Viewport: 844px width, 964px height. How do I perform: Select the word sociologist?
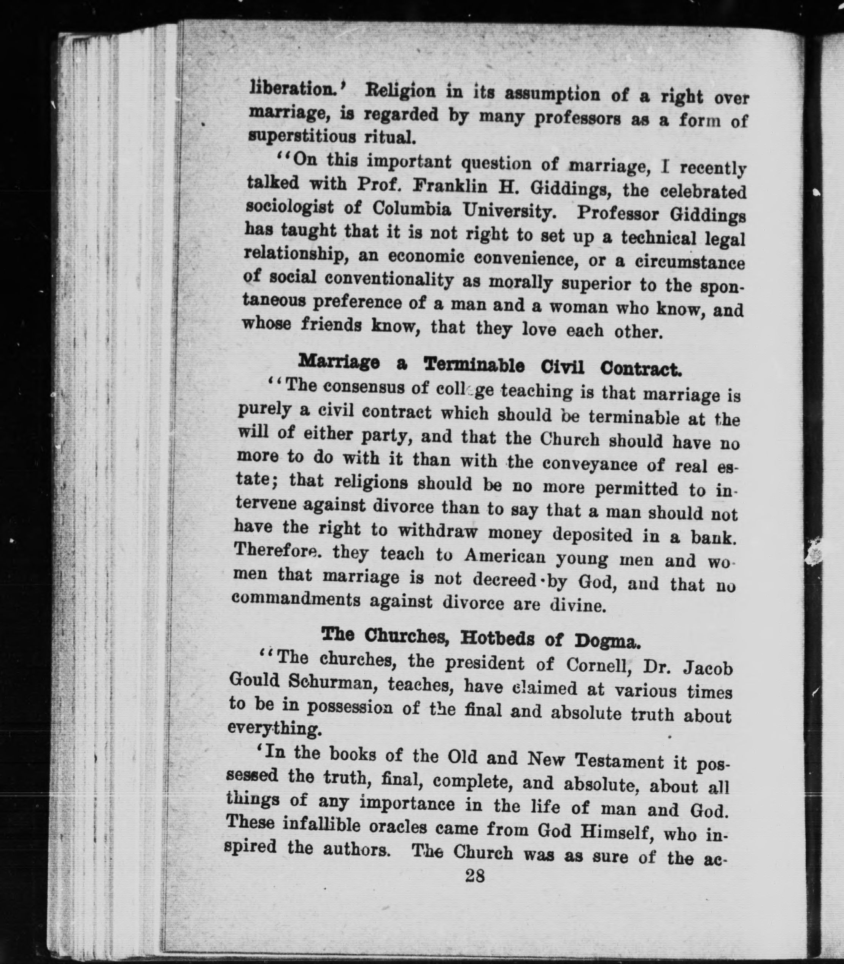(x=290, y=207)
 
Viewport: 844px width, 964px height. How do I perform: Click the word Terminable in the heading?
(x=474, y=365)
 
